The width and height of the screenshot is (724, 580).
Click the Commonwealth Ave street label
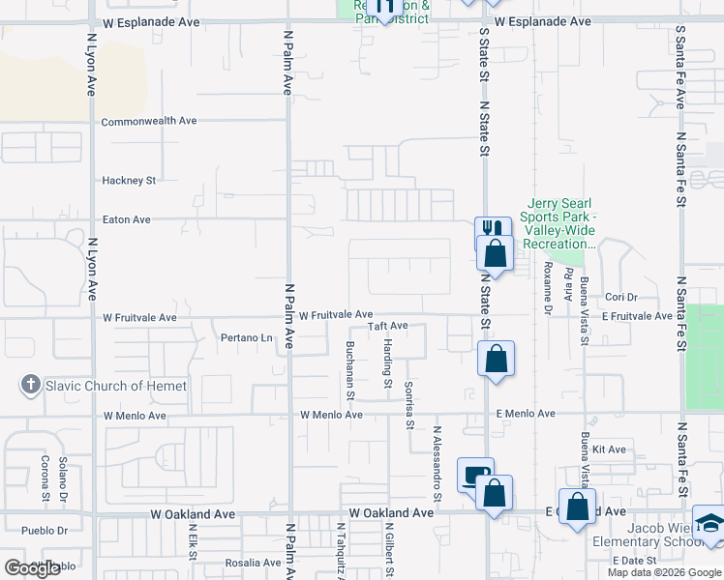pyautogui.click(x=149, y=121)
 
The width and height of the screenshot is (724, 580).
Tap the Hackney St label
pyautogui.click(x=129, y=180)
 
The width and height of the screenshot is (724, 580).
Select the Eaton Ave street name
pyautogui.click(x=126, y=219)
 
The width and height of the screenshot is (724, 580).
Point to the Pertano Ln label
pyautogui.click(x=246, y=337)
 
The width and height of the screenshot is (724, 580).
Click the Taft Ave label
pyautogui.click(x=387, y=327)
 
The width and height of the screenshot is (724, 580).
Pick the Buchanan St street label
pyautogui.click(x=350, y=370)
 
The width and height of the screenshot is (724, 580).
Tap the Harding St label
pyautogui.click(x=387, y=362)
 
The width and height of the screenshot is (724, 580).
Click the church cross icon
pyautogui.click(x=30, y=386)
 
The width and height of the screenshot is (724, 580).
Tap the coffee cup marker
pyautogui.click(x=474, y=476)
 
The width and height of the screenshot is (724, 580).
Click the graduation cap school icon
pyautogui.click(x=709, y=523)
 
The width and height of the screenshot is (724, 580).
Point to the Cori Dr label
pyautogui.click(x=620, y=297)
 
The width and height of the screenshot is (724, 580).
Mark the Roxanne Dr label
pyautogui.click(x=548, y=281)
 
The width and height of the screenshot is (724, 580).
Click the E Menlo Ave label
pyautogui.click(x=526, y=414)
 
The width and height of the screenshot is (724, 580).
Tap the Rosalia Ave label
pyautogui.click(x=253, y=563)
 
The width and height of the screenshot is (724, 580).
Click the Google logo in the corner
pyautogui.click(x=31, y=568)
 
